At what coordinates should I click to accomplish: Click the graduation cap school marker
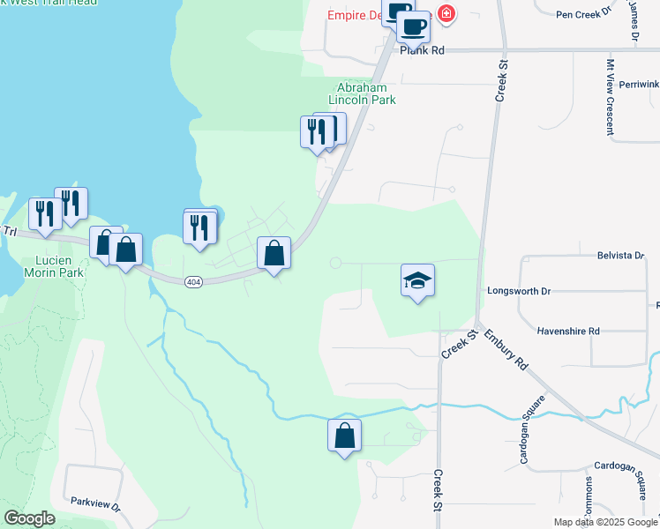(x=418, y=281)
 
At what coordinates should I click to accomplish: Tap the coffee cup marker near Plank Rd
(x=412, y=27)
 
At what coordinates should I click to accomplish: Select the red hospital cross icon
(x=446, y=14)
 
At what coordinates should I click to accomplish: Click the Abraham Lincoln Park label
(x=362, y=94)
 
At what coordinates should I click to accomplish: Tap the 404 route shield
(x=194, y=281)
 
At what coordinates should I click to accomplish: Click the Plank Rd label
(x=422, y=51)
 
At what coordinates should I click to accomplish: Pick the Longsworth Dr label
(x=519, y=290)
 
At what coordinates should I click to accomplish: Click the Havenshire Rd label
(x=568, y=331)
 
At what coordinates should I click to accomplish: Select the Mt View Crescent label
(x=610, y=97)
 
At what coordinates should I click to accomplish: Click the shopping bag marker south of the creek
(x=344, y=436)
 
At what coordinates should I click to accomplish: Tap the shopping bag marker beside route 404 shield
(x=274, y=254)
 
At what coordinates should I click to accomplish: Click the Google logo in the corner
(x=30, y=518)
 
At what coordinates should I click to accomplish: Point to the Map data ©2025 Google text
(x=604, y=522)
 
